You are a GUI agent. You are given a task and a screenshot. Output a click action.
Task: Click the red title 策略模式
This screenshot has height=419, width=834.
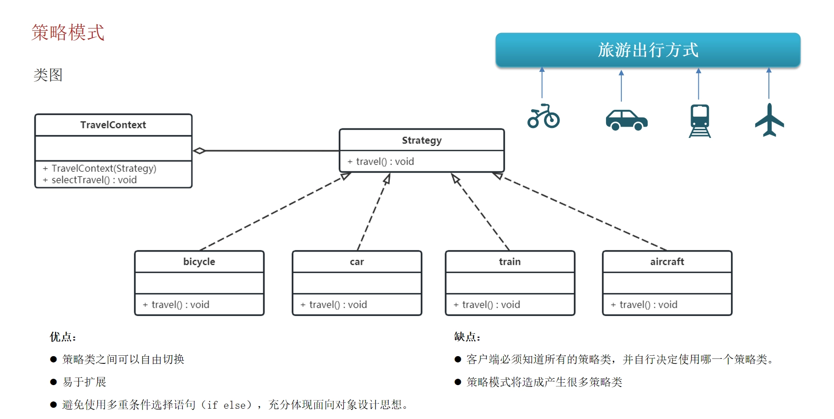tap(68, 33)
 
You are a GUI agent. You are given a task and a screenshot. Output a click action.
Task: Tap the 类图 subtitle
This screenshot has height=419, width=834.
tap(48, 75)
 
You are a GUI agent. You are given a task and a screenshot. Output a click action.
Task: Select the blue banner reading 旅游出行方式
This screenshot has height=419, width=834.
tap(648, 50)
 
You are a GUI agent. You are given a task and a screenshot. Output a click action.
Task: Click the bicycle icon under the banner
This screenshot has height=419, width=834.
tap(543, 116)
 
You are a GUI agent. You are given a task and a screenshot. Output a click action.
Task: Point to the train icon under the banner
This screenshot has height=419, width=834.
tap(700, 121)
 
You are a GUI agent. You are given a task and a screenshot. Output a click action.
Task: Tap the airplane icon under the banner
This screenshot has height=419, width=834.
tap(769, 120)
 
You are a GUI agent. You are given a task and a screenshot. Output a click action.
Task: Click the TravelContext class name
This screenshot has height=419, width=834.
tap(113, 125)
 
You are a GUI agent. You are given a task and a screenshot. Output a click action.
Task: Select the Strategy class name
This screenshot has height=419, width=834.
tap(422, 141)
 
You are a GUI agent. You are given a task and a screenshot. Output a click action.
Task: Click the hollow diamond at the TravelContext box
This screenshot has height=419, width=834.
tap(199, 151)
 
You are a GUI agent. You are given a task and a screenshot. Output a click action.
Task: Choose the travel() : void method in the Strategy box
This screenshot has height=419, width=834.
tap(380, 161)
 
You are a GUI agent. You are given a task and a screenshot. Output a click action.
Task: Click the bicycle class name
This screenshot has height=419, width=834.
tap(199, 262)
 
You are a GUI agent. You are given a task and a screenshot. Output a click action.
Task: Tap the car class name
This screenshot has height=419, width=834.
tap(357, 262)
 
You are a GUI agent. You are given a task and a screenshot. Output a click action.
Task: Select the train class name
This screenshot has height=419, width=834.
tap(510, 262)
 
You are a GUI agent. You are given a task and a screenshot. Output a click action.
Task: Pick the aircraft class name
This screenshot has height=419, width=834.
tap(667, 262)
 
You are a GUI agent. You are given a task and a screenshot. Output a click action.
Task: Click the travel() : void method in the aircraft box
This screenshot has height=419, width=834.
tap(644, 305)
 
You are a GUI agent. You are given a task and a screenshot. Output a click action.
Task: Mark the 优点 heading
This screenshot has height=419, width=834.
tap(63, 337)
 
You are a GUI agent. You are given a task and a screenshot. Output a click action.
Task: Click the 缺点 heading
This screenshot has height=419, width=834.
tap(467, 337)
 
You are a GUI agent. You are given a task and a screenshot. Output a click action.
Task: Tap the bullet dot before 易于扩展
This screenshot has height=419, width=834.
tap(53, 382)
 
